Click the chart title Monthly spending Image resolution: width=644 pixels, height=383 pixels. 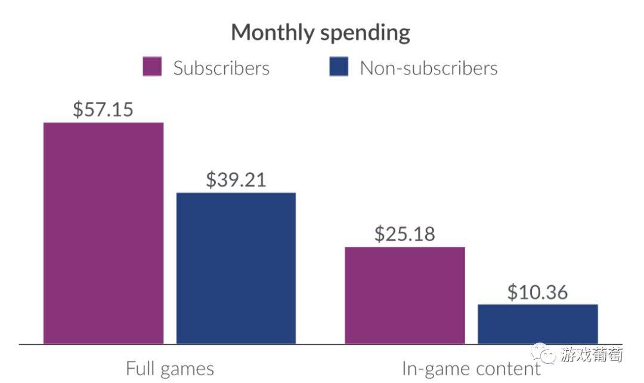pyautogui.click(x=320, y=32)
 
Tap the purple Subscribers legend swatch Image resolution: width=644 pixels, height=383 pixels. pyautogui.click(x=152, y=67)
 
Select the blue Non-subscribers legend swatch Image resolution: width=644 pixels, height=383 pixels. pyautogui.click(x=338, y=67)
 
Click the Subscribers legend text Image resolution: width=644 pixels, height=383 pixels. pyautogui.click(x=221, y=68)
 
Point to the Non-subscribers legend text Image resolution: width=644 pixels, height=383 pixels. pyautogui.click(x=428, y=68)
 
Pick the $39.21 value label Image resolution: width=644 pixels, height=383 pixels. pyautogui.click(x=236, y=179)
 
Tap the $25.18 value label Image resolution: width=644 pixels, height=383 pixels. pyautogui.click(x=405, y=233)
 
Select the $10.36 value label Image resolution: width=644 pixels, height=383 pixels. pyautogui.click(x=538, y=292)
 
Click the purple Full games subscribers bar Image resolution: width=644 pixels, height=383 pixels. pyautogui.click(x=104, y=233)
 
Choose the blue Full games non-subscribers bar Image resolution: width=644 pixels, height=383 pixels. pyautogui.click(x=236, y=268)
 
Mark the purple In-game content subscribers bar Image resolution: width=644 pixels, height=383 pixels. pyautogui.click(x=405, y=295)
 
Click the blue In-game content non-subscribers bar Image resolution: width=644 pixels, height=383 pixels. pyautogui.click(x=538, y=324)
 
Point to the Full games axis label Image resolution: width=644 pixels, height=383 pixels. pyautogui.click(x=169, y=368)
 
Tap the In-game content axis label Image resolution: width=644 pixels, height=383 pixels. pyautogui.click(x=471, y=368)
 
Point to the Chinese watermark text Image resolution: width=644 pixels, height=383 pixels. pyautogui.click(x=591, y=354)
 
